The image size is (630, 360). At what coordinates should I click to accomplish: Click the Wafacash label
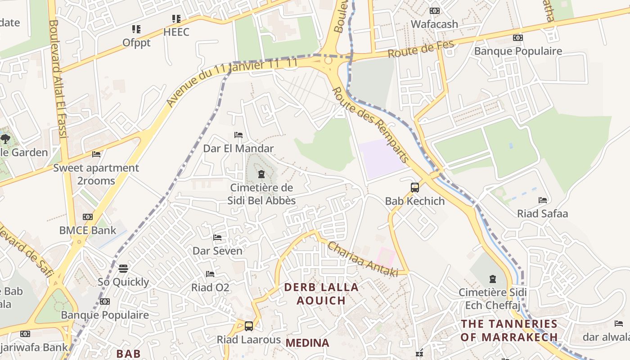pos(434,24)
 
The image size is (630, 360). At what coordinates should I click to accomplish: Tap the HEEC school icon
pos(176,19)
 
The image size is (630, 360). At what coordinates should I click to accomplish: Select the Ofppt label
pos(136,43)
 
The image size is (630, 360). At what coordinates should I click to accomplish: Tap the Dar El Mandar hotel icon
pos(238,135)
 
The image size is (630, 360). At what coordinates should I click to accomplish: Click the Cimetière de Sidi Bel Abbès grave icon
pos(261,174)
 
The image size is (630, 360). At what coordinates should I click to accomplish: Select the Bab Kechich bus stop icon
pos(414,188)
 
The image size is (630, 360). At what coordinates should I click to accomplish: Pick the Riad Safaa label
pos(542,213)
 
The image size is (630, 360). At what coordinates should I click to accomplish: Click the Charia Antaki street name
pos(363,259)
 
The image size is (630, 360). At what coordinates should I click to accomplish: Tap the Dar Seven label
pos(217,251)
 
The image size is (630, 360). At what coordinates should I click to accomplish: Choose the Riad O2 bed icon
pos(210,274)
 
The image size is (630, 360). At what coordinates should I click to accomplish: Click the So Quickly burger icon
pos(123,269)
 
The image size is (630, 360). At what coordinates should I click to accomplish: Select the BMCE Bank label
pos(88,230)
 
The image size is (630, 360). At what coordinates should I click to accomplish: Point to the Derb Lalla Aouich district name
pos(321,294)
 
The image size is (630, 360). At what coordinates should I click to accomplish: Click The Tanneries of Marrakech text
pos(509,330)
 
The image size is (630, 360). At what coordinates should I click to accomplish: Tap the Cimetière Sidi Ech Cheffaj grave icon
pos(492,279)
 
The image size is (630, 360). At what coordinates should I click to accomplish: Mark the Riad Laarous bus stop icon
pos(248,326)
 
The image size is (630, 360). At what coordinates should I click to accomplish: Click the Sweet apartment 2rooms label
pos(96,174)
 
